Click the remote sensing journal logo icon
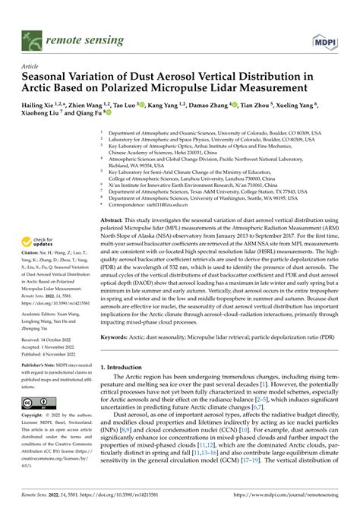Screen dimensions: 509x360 click(33, 17)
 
